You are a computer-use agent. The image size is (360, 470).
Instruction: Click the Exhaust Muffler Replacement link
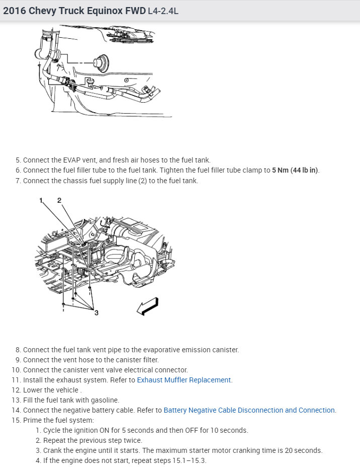coord(184,380)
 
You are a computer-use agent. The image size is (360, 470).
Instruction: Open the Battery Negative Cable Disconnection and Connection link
coord(249,410)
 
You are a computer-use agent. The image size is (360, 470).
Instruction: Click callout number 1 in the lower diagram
coord(41,201)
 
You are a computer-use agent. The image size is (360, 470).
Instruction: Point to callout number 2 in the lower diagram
coord(59,201)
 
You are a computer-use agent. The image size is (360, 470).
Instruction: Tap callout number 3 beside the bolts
coord(96,312)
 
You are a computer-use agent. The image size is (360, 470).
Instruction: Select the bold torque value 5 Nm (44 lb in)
coord(295,170)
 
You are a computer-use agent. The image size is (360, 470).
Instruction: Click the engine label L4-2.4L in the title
coord(163,11)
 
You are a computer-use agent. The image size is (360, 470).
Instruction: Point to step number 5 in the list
coord(18,160)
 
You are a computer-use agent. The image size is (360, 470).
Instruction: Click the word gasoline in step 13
coord(104,400)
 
